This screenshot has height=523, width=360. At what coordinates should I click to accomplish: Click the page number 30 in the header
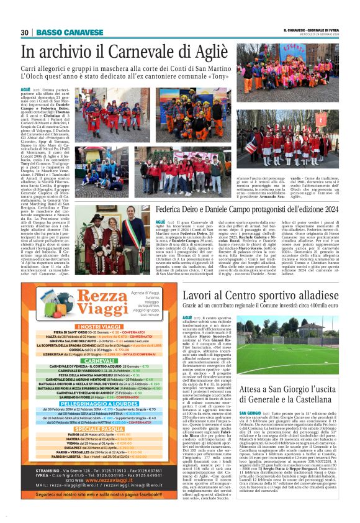click(25, 32)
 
